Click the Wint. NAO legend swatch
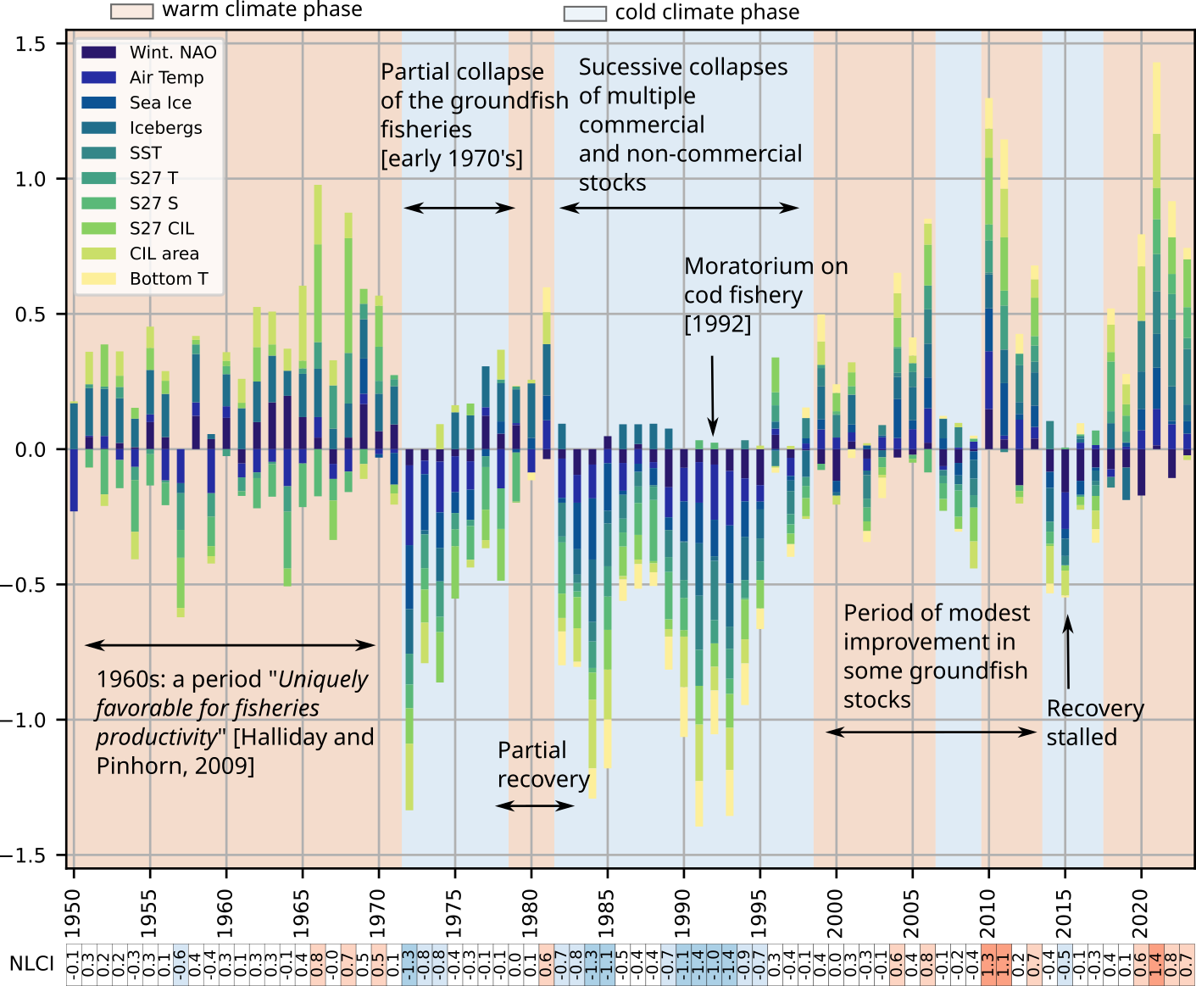coord(98,53)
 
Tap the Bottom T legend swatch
coord(98,279)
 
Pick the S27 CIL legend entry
coord(161,228)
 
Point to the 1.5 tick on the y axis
coord(31,44)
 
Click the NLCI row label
coord(31,964)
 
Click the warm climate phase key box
coord(131,11)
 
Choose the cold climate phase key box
coord(585,13)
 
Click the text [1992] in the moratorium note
coord(717,324)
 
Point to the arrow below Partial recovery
coord(535,805)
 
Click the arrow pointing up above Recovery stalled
coord(1068,651)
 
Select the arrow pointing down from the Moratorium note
coord(712,394)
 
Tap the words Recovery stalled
coord(1094,722)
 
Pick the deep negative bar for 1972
coord(409,627)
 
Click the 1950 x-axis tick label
coord(73,912)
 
